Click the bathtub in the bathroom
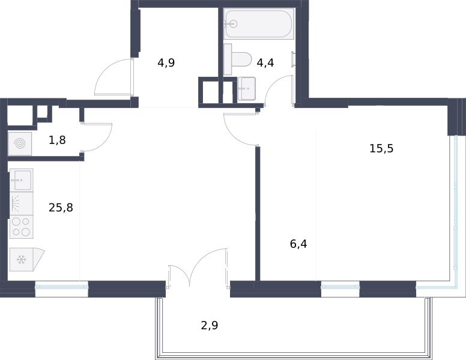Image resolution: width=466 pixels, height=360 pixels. (259, 24)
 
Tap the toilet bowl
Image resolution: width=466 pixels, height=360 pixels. (238, 59)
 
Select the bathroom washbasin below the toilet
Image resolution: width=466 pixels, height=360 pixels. (247, 89)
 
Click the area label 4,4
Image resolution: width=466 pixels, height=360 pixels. (265, 63)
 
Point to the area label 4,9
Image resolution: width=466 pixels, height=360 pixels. (166, 63)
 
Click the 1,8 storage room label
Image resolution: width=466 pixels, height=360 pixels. (57, 140)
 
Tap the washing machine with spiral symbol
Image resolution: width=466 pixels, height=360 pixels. (20, 144)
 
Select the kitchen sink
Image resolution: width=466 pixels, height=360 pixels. (22, 180)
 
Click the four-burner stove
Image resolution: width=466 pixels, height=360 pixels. (22, 227)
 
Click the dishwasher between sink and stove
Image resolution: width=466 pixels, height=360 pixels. (22, 203)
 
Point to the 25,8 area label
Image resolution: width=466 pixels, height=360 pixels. (61, 208)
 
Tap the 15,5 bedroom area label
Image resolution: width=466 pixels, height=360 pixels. (381, 148)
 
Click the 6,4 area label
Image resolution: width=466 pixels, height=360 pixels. (298, 244)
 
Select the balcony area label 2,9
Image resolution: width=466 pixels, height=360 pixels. (210, 326)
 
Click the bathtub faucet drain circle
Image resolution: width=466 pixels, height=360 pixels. (234, 23)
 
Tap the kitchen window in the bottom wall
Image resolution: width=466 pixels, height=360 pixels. (61, 287)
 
